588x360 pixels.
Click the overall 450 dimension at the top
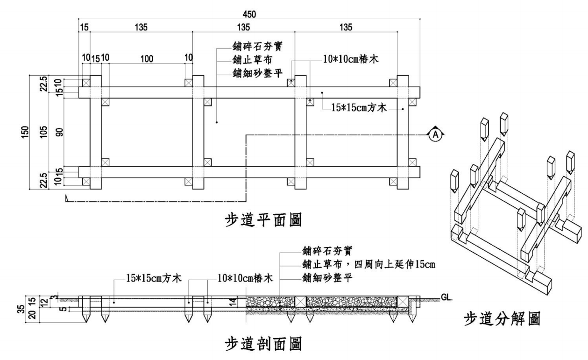tap(250, 14)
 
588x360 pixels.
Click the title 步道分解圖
tap(503, 320)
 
